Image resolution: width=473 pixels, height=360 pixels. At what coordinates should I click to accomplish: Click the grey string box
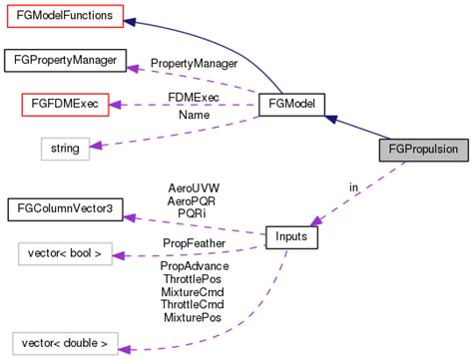[x=65, y=149]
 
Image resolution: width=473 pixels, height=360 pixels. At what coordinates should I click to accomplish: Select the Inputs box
[x=291, y=237]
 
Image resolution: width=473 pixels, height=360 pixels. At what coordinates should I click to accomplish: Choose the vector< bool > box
[x=64, y=253]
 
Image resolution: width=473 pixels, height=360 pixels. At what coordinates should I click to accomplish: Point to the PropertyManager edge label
[x=194, y=63]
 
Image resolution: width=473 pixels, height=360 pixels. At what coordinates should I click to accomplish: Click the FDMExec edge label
[x=193, y=98]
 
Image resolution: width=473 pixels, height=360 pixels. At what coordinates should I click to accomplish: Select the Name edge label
[x=193, y=117]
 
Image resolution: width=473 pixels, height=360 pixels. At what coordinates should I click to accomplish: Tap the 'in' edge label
[x=353, y=186]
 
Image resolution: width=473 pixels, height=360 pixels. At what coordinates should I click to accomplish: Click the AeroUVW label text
[x=194, y=187]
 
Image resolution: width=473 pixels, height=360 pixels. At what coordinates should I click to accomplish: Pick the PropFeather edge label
[x=194, y=242]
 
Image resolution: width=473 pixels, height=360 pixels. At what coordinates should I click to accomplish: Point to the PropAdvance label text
[x=194, y=266]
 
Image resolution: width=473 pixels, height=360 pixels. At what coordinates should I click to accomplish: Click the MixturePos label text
[x=194, y=318]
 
